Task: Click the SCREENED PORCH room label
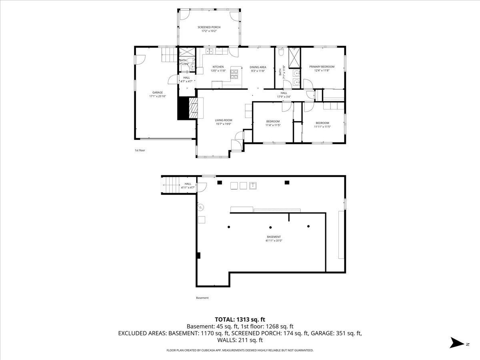[209, 27]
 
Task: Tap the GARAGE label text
[157, 92]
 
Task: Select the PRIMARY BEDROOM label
[322, 67]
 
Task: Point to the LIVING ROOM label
[224, 120]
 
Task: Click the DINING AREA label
[258, 67]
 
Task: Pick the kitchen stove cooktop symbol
[234, 73]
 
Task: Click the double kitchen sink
[209, 52]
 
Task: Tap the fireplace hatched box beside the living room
[193, 108]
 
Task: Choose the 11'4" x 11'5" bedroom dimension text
[273, 125]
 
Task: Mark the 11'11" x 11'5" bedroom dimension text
[322, 127]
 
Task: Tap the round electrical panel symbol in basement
[201, 207]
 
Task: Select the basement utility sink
[253, 185]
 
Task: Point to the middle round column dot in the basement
[270, 227]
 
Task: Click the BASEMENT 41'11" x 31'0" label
[274, 239]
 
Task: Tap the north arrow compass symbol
[456, 343]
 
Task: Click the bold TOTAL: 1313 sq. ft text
[240, 319]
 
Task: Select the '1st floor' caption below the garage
[140, 150]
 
